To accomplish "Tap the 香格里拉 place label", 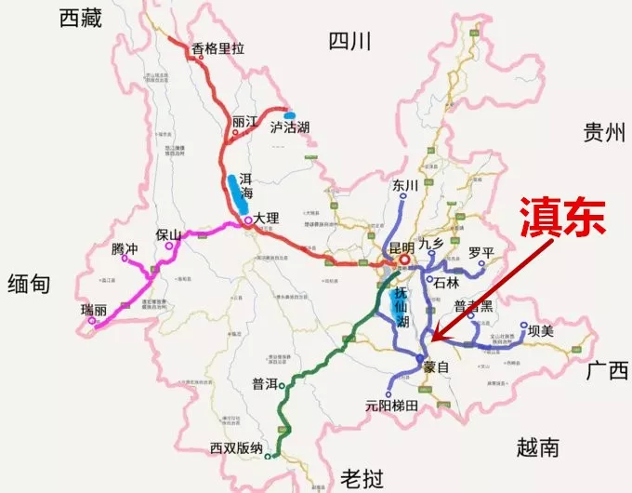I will point(217,49).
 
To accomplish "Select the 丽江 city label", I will point(245,122).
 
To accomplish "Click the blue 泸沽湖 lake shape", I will point(290,115).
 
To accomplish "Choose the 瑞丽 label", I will point(95,308).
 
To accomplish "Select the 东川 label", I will point(407,185).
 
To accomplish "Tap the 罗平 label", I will point(482,251).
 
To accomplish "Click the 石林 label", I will point(448,280).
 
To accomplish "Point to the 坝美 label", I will point(540,329).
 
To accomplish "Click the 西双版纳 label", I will point(236,447).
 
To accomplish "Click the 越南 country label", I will point(538,448).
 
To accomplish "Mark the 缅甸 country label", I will point(33,284).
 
